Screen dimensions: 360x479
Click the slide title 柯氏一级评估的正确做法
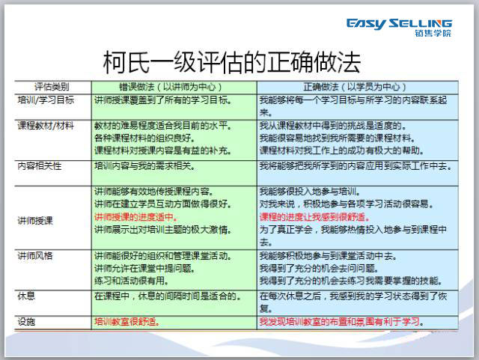(231, 60)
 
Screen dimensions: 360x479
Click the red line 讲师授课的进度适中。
(141, 216)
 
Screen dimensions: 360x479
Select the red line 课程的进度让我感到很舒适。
(320, 216)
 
